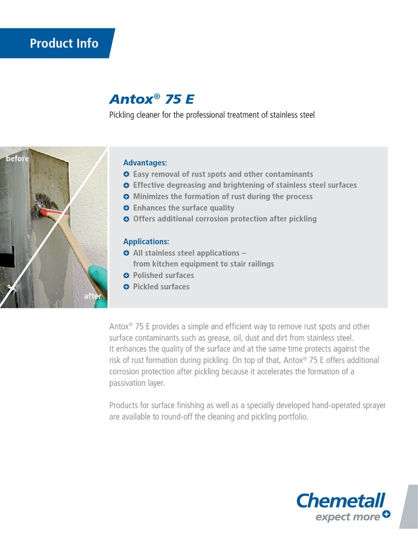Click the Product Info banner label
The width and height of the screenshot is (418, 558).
click(x=64, y=44)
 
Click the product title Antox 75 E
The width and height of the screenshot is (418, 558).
click(x=151, y=99)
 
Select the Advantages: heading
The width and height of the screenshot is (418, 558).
click(x=145, y=163)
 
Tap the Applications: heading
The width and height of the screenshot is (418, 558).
click(x=146, y=241)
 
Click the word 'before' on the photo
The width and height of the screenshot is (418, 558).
click(x=17, y=159)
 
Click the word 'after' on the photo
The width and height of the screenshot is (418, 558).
click(x=93, y=296)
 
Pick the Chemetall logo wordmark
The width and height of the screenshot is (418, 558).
click(x=341, y=500)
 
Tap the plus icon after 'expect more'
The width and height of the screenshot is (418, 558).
click(x=386, y=514)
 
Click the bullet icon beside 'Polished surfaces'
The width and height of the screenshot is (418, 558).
click(x=126, y=276)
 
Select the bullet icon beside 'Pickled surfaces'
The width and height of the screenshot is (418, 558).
click(x=126, y=287)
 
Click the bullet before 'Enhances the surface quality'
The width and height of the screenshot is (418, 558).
click(x=126, y=208)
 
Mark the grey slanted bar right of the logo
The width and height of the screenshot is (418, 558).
click(x=408, y=507)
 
